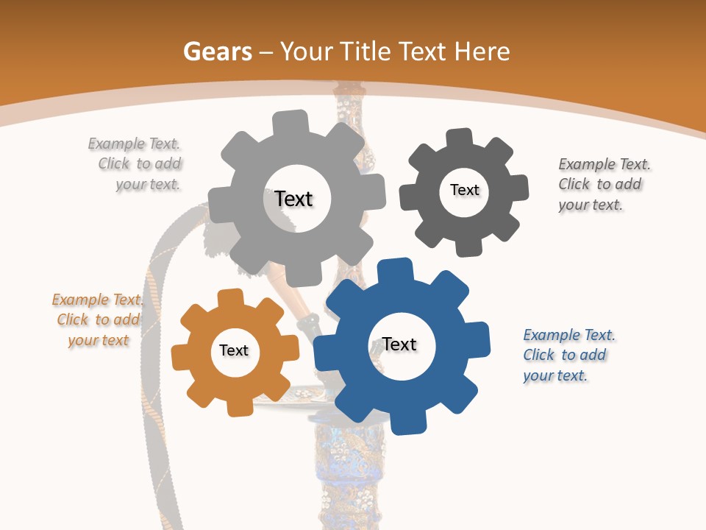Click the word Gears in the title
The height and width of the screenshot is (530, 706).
point(217,52)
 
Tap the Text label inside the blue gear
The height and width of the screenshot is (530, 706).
point(399,344)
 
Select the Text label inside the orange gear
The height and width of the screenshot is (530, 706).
point(234,350)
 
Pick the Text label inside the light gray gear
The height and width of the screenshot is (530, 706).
point(293,199)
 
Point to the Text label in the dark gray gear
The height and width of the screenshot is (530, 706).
point(465,190)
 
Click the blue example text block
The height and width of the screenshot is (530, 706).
point(568,355)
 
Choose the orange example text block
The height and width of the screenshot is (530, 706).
point(98,319)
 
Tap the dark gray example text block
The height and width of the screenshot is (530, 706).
point(604,184)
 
